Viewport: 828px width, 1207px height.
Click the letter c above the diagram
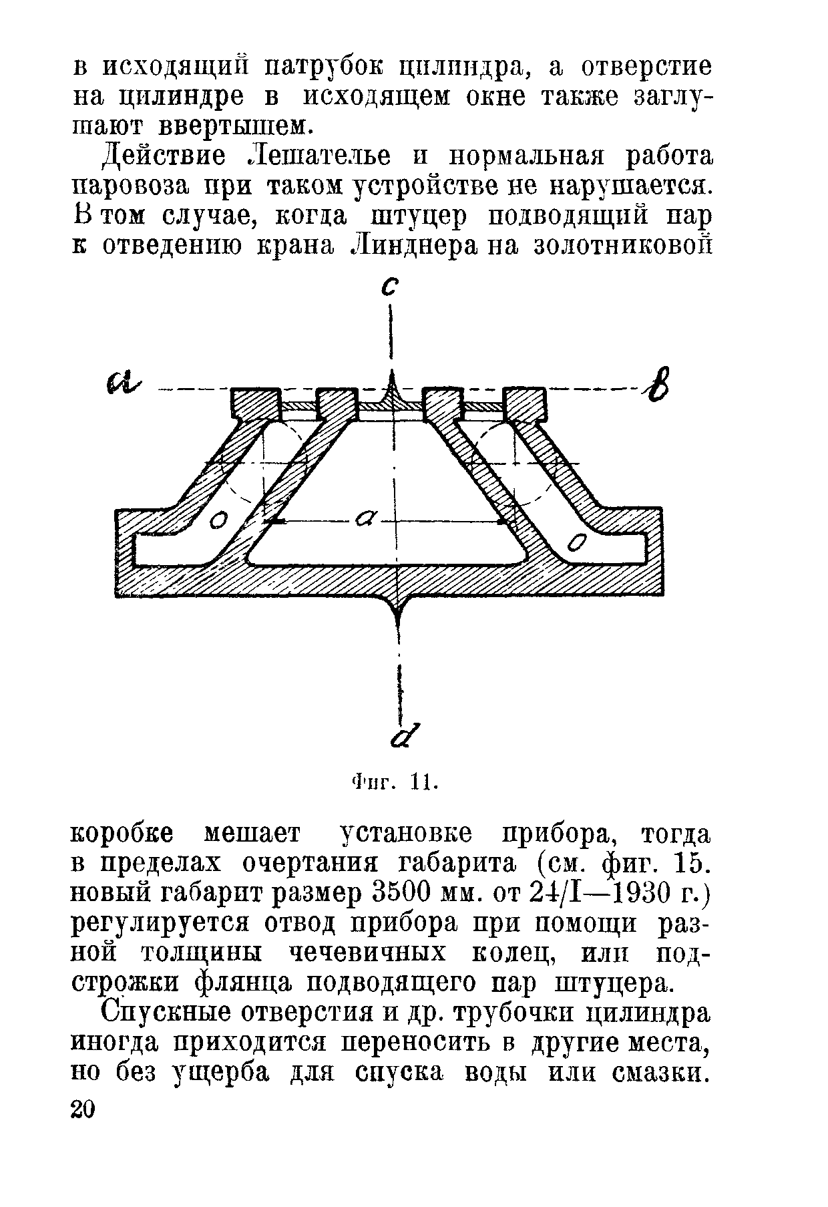389,288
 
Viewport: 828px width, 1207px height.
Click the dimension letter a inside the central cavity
367,517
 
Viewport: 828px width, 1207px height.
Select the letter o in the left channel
218,520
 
